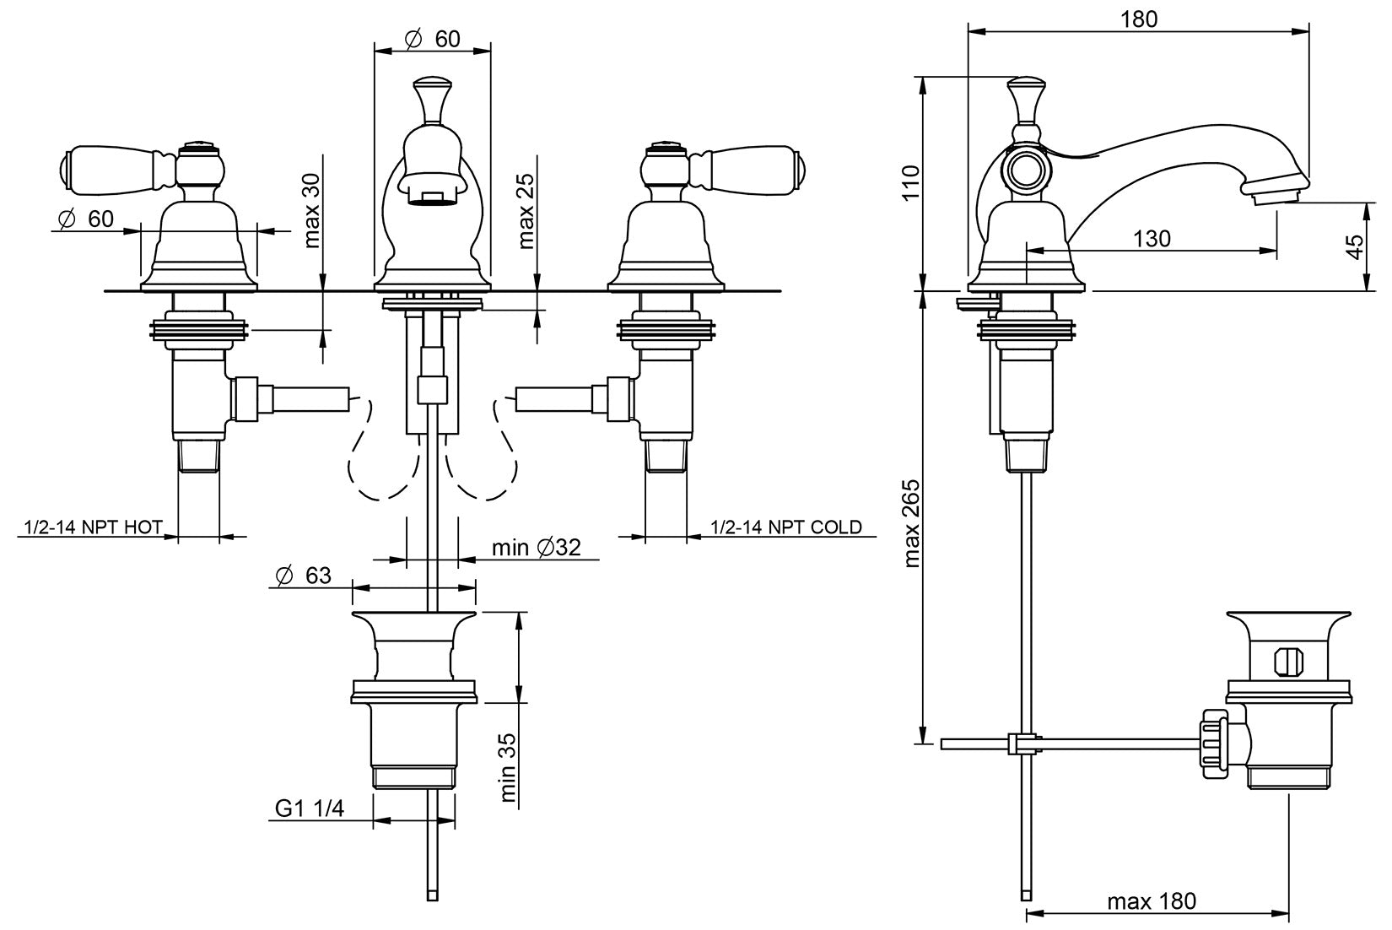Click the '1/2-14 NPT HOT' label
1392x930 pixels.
(x=89, y=527)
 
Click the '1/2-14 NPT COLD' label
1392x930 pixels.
(x=786, y=527)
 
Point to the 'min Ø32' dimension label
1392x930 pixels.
(x=537, y=548)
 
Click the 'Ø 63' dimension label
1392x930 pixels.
(x=303, y=576)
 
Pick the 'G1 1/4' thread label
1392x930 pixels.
(x=310, y=808)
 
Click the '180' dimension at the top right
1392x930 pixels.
(x=1139, y=19)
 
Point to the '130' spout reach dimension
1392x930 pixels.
(x=1152, y=239)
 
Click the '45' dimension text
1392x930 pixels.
(x=1355, y=246)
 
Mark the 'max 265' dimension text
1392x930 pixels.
(x=911, y=523)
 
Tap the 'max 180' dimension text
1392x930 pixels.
(x=1152, y=901)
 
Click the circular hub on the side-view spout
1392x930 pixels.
(x=1026, y=170)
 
